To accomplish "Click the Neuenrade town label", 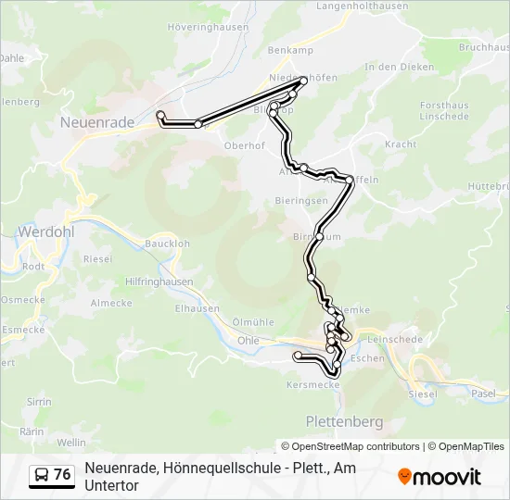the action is coord(96,121).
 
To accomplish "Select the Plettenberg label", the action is coord(344,421).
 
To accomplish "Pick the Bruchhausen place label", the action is coord(483,45).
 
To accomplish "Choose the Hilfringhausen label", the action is coord(159,281).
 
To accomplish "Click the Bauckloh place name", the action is coord(167,244).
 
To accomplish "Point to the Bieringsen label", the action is coord(301,200).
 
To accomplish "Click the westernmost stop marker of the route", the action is coord(160,115).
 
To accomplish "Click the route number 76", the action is coord(63,475).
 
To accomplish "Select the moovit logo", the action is coord(440,477).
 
